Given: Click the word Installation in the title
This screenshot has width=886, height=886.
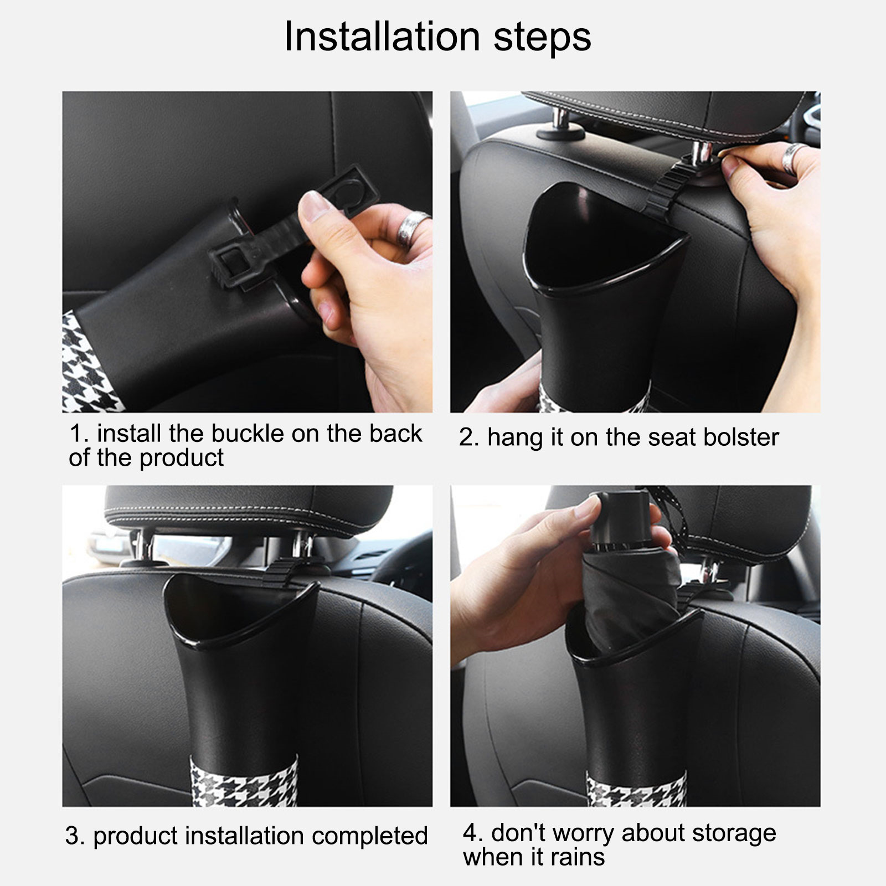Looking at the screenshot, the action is (x=382, y=37).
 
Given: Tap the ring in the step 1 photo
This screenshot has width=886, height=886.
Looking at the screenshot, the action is (x=413, y=227).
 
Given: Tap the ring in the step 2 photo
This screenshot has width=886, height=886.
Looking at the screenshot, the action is (x=793, y=159).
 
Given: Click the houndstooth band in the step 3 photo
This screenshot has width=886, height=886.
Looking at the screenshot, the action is (x=243, y=782).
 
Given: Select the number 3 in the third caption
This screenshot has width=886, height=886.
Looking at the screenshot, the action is (x=74, y=837).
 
